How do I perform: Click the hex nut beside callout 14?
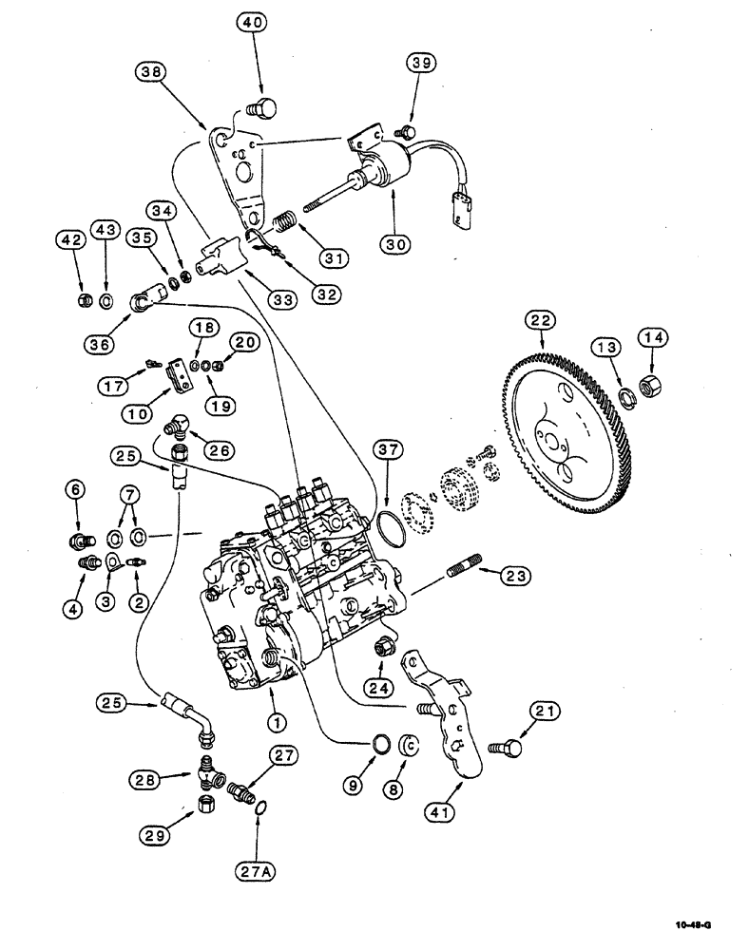[x=653, y=390]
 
